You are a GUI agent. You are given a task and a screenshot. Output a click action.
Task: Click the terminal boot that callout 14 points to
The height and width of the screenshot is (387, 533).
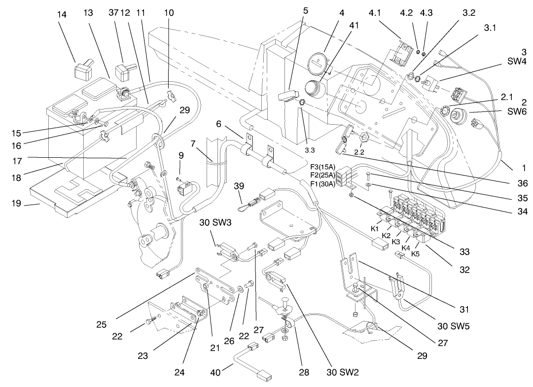pos(83,70)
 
